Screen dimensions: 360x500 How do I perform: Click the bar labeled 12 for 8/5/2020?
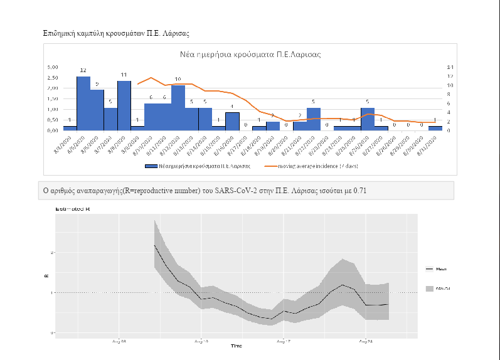(x=83, y=103)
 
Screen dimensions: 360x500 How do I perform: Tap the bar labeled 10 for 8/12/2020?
(x=178, y=107)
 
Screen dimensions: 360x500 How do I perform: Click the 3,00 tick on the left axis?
(x=54, y=66)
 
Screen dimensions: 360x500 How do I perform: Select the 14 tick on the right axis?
(x=450, y=66)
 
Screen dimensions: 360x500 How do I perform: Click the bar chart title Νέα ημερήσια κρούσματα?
(x=250, y=55)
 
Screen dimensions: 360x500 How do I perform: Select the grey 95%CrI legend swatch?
(x=429, y=289)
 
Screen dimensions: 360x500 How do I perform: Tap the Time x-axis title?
(x=236, y=346)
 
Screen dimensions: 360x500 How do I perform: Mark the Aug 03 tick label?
(x=119, y=341)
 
